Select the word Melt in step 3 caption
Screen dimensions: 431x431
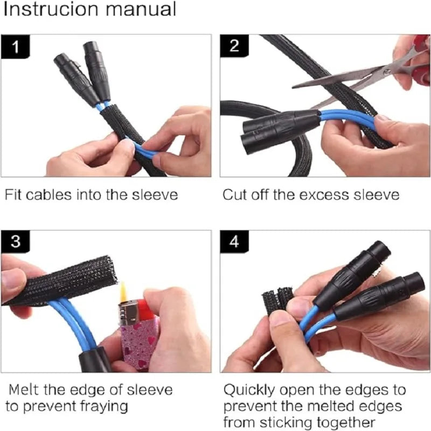(x=23, y=390)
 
